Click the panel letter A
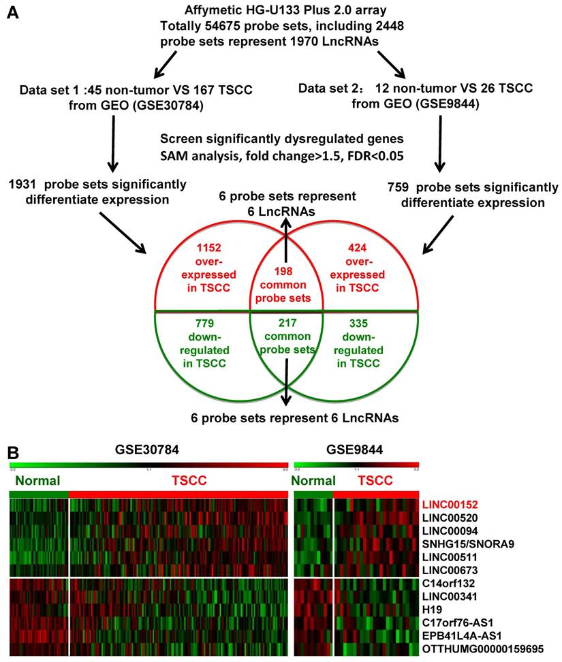click(12, 14)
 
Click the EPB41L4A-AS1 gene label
click(462, 634)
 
